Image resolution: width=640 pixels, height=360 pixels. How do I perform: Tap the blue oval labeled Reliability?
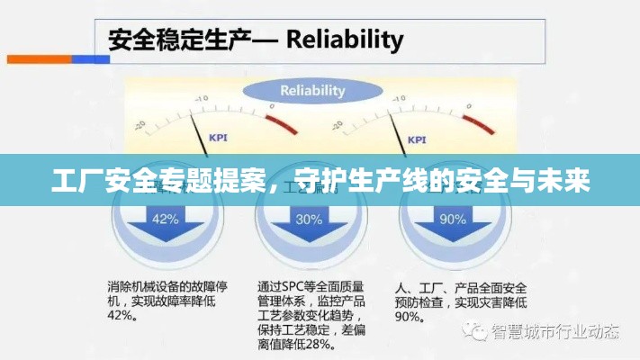[x=312, y=91]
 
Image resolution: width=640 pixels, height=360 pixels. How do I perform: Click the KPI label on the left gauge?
[x=219, y=138]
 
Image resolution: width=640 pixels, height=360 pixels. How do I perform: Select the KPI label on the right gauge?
[x=417, y=139]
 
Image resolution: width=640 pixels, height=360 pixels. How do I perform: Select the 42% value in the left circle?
[x=165, y=219]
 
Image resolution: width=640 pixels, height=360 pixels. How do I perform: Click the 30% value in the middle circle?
[x=309, y=219]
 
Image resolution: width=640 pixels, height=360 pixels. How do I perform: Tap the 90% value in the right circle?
[x=453, y=219]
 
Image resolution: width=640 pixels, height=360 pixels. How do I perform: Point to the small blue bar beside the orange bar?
[x=90, y=59]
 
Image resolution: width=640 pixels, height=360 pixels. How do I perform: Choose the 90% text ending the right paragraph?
[x=408, y=317]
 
